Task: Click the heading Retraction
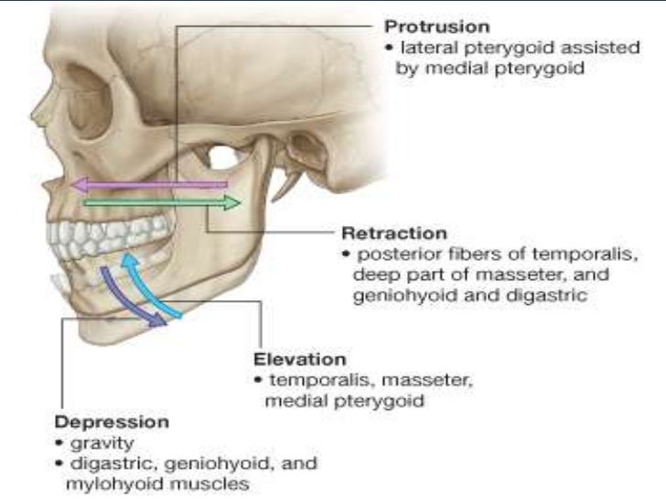coord(394,234)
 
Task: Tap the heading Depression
coord(112,423)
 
